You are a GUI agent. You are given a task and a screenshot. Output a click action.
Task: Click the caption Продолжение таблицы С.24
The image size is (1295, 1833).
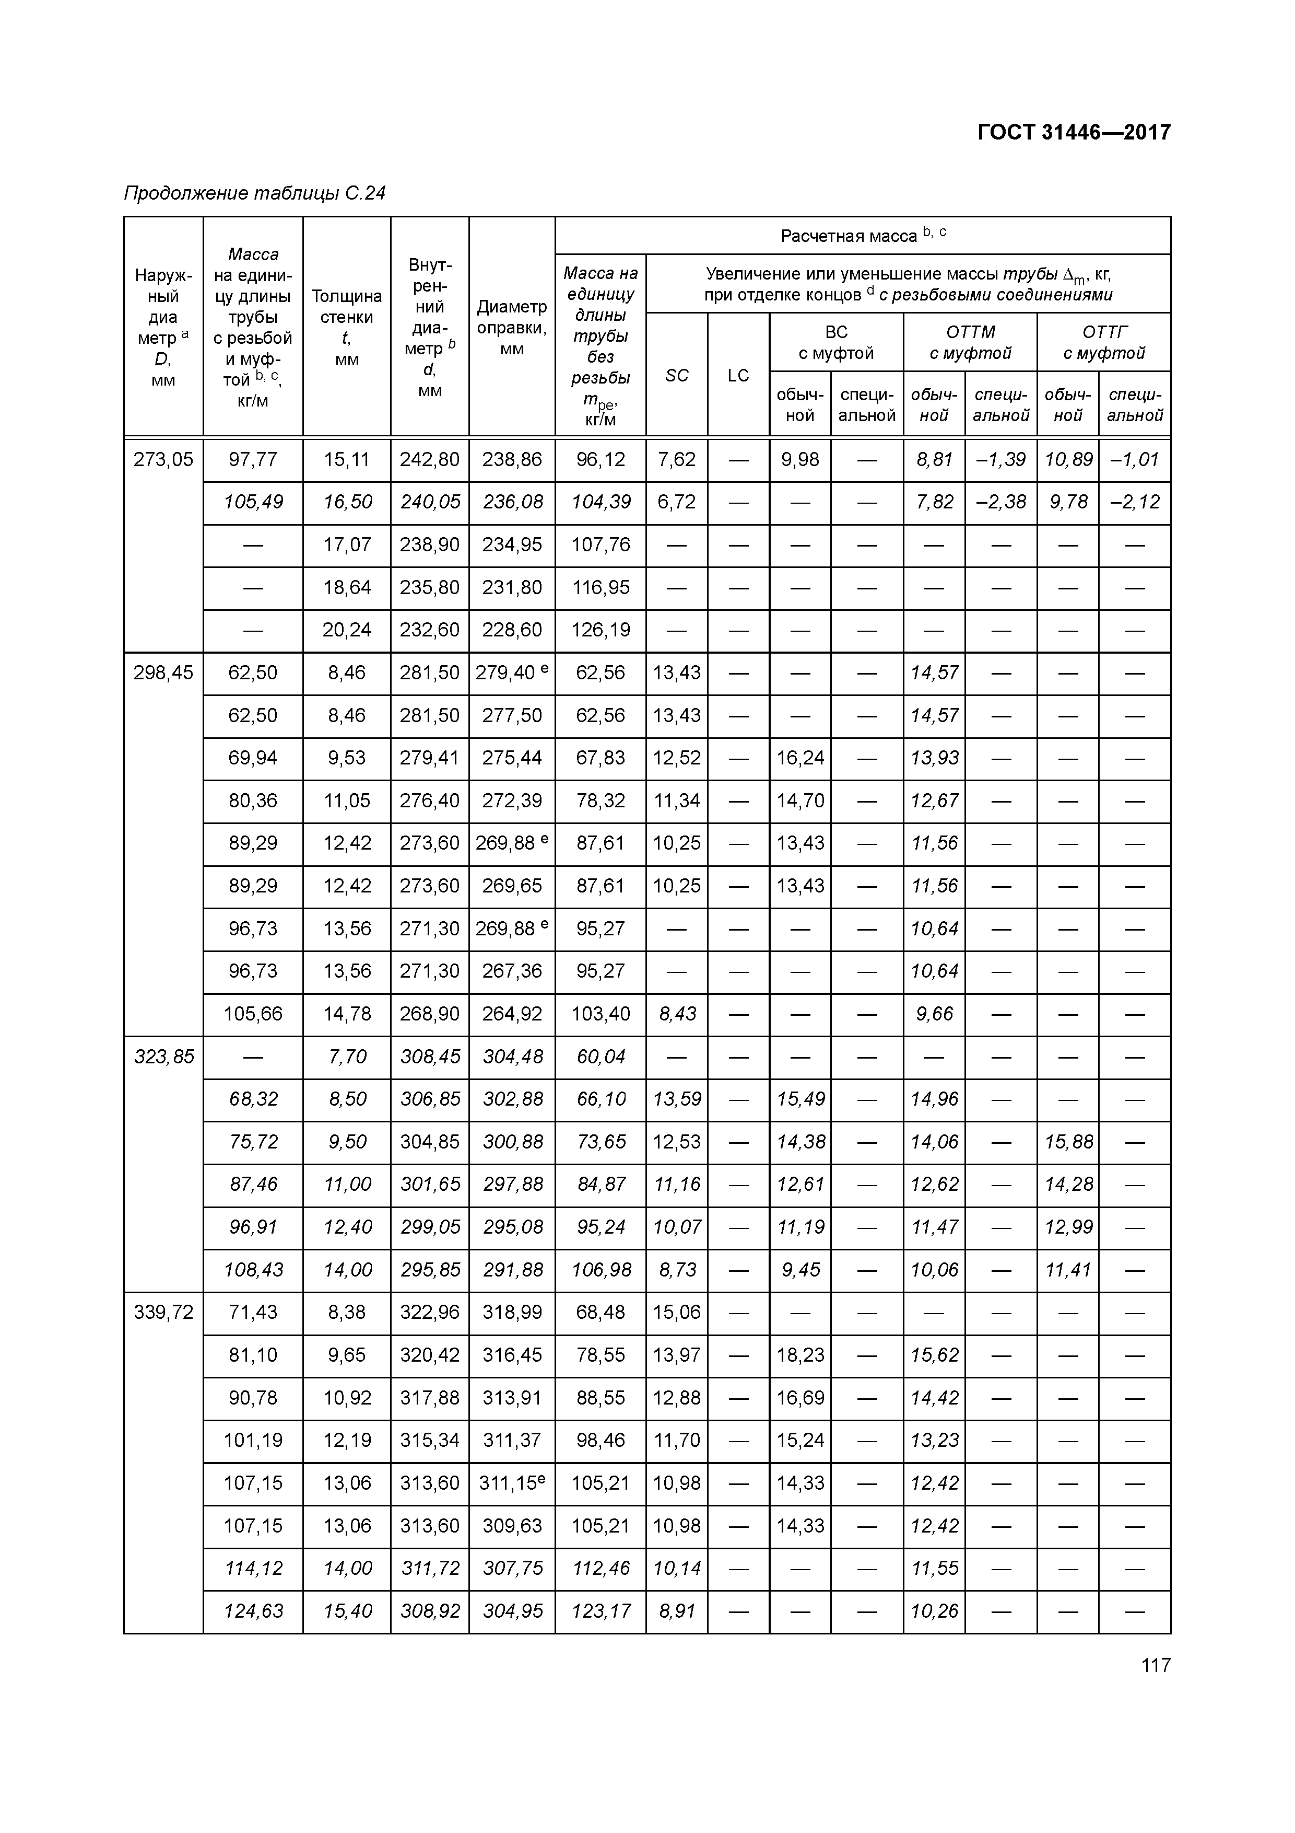tap(254, 193)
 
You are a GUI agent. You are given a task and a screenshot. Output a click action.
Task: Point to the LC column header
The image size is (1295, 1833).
tap(738, 375)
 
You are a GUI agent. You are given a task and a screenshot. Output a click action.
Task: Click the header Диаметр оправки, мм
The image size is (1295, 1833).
tap(511, 327)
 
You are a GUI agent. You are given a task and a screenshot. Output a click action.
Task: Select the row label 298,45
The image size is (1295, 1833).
tap(163, 673)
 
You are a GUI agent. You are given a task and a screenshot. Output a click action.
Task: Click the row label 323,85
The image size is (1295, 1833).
tap(163, 1057)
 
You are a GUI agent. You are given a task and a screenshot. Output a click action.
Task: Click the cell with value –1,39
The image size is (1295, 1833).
tap(1000, 460)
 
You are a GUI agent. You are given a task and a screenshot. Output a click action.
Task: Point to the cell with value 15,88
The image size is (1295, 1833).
tap(1068, 1142)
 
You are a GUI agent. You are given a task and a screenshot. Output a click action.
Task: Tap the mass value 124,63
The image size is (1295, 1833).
tap(253, 1611)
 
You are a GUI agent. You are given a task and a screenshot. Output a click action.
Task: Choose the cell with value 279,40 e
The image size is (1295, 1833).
tap(511, 673)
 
